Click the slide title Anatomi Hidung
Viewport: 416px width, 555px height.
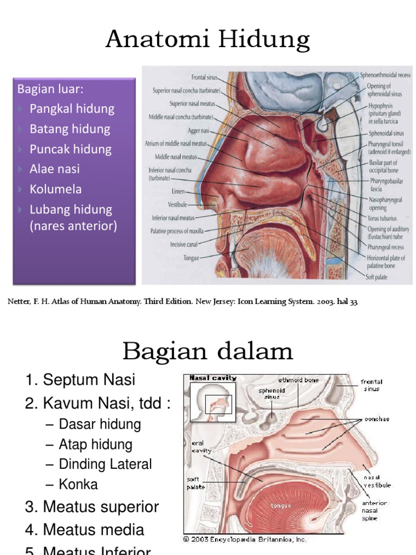tap(207, 40)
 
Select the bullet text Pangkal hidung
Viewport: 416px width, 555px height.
tap(71, 108)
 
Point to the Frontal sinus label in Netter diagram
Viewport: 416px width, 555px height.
tap(204, 78)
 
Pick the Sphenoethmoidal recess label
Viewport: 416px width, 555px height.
tap(385, 75)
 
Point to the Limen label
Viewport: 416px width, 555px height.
tap(179, 192)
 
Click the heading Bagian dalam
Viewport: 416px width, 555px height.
tap(207, 352)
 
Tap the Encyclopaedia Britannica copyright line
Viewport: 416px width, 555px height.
tap(245, 539)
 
